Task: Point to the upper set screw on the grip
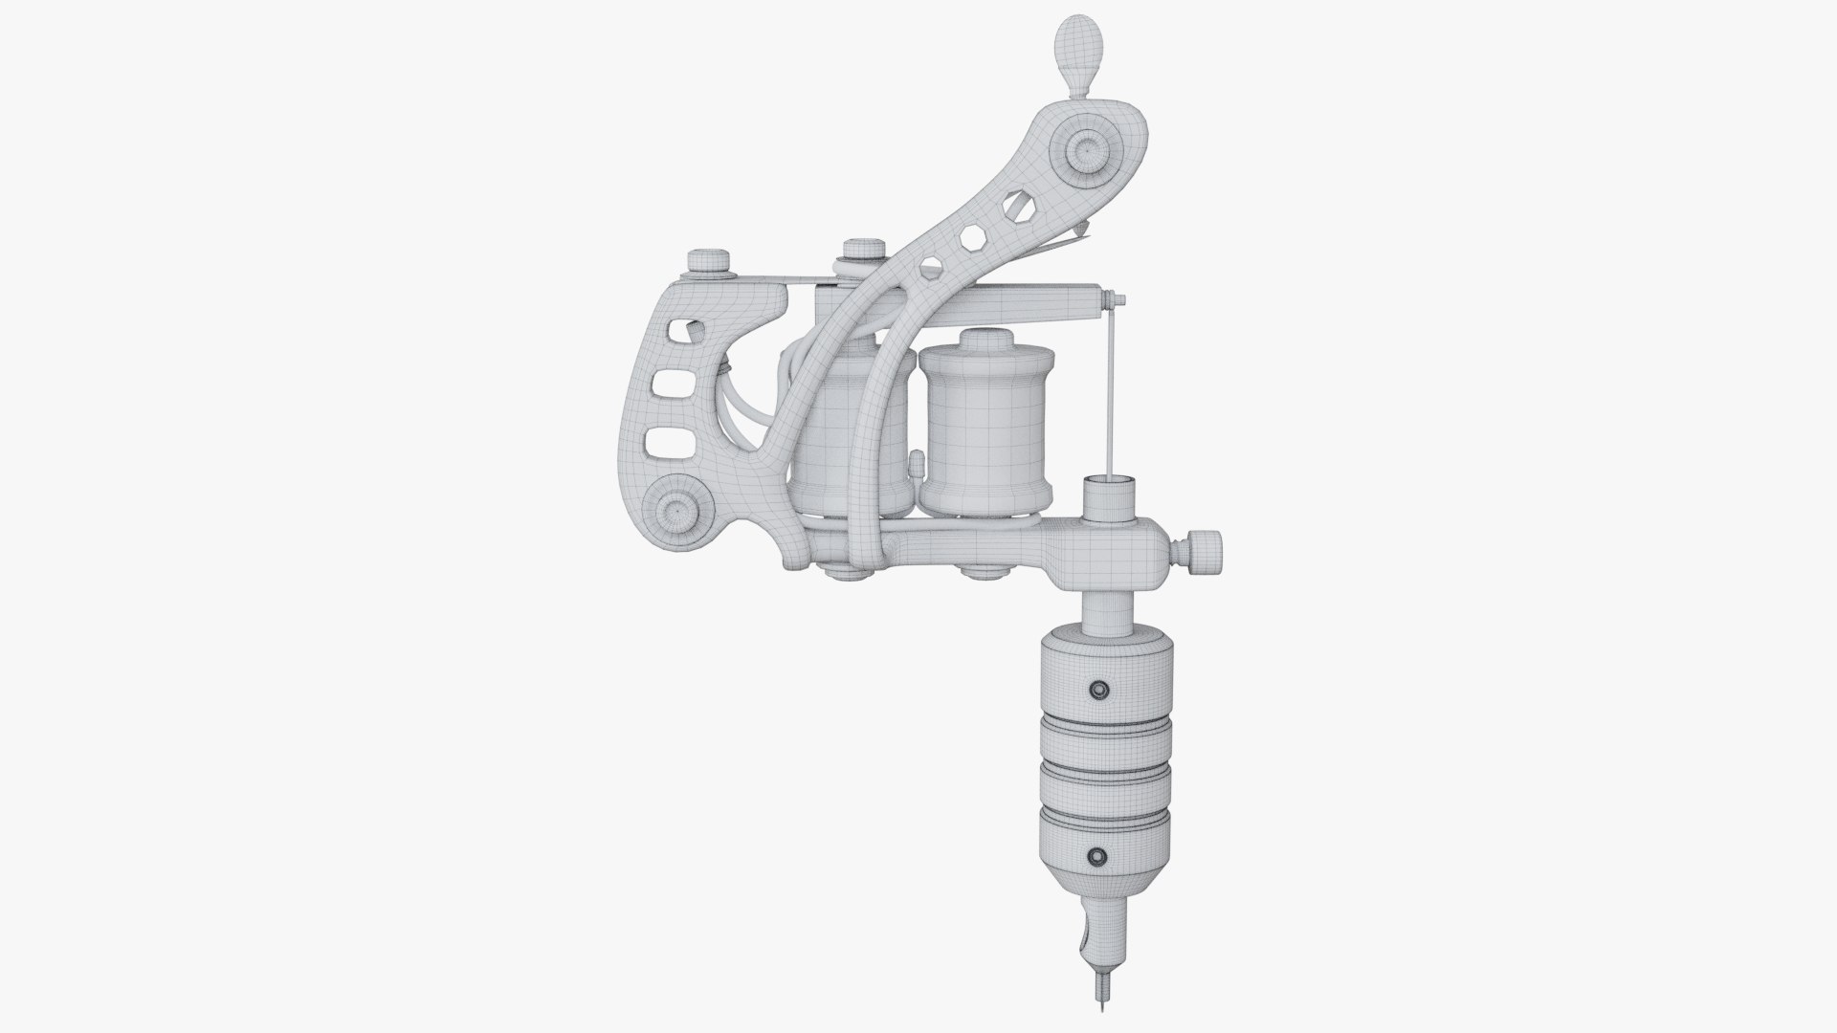pyautogui.click(x=1098, y=689)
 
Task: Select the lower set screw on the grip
pyautogui.click(x=1098, y=854)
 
